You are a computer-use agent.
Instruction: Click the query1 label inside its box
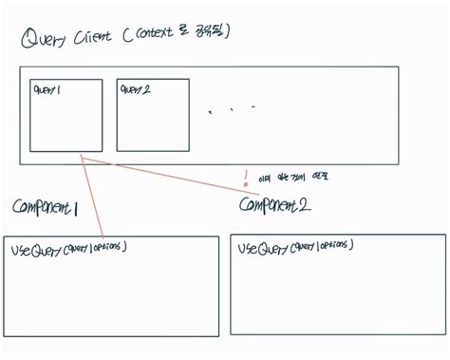[47, 89]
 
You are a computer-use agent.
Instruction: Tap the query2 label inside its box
[137, 89]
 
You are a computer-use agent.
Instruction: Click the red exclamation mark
[245, 176]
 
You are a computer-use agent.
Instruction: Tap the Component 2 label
[274, 204]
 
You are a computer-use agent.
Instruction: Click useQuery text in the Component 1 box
[36, 251]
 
